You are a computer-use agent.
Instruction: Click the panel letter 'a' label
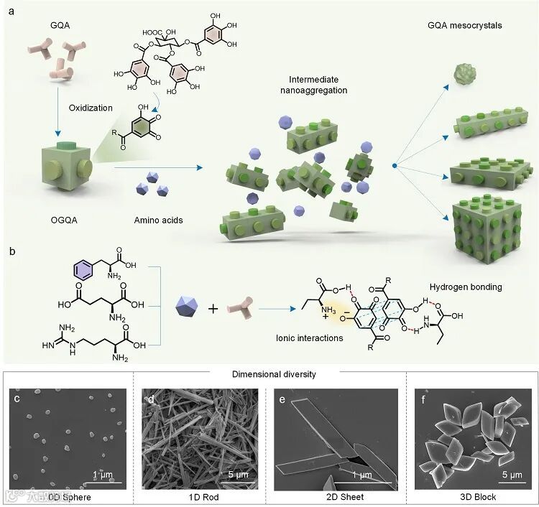pyautogui.click(x=11, y=10)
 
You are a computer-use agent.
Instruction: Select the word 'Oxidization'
pyautogui.click(x=91, y=108)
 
